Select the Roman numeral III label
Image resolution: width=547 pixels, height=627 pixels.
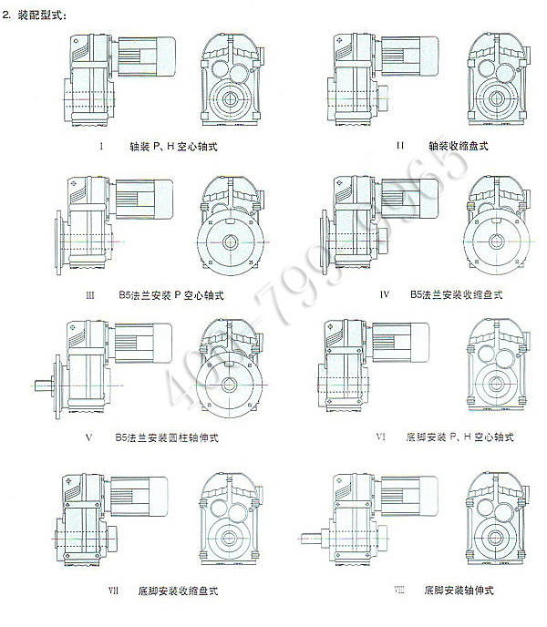point(89,295)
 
